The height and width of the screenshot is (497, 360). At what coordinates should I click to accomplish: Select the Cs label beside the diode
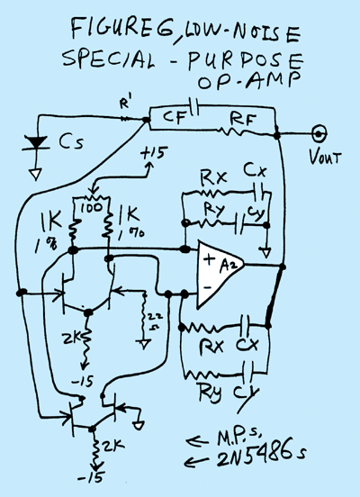click(69, 143)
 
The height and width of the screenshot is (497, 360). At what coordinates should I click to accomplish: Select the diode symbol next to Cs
click(35, 143)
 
